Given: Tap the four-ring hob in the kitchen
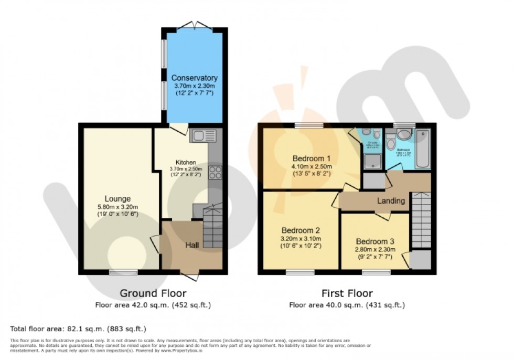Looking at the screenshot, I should click(215, 172).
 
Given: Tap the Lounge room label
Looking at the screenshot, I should click(118, 199).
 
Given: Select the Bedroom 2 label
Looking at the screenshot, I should click(301, 230).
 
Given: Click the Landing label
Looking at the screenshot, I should click(391, 200).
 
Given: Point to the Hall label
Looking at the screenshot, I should click(191, 245).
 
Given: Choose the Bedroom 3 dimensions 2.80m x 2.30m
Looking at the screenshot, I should click(374, 250).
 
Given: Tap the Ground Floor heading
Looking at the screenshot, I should click(153, 293).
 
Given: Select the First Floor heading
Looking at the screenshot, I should click(347, 293).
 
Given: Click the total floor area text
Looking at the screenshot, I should click(78, 329).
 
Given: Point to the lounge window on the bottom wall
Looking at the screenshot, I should click(124, 272).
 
